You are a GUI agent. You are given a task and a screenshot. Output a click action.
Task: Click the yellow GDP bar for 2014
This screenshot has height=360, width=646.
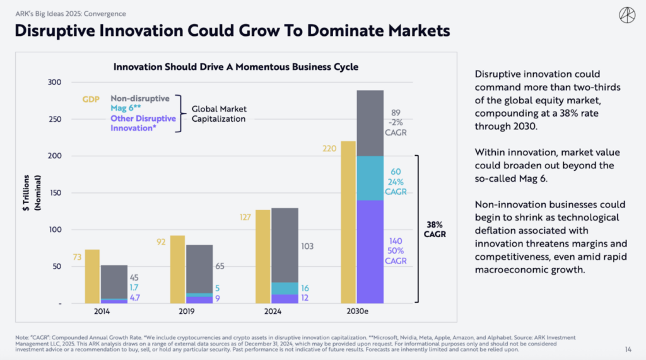coord(92,276)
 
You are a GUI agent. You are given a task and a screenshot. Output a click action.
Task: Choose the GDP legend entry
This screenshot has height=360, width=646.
coord(91,99)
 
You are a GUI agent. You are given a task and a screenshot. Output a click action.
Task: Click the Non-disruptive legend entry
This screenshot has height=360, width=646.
coord(140,98)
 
